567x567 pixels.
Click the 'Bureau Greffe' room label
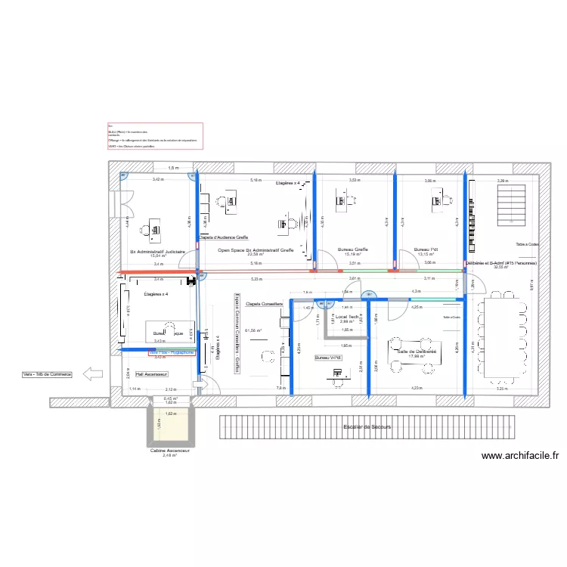[x=352, y=249]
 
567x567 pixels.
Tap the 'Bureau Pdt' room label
[x=426, y=249]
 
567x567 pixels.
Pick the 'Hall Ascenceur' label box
[x=151, y=374]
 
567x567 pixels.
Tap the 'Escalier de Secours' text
[x=367, y=428]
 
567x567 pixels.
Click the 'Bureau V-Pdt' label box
[x=329, y=358]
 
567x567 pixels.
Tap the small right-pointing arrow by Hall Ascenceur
[x=199, y=386]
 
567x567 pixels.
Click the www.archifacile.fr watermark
[x=519, y=456]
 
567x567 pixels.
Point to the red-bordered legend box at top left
[x=155, y=137]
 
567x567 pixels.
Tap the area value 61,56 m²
[x=254, y=330]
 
